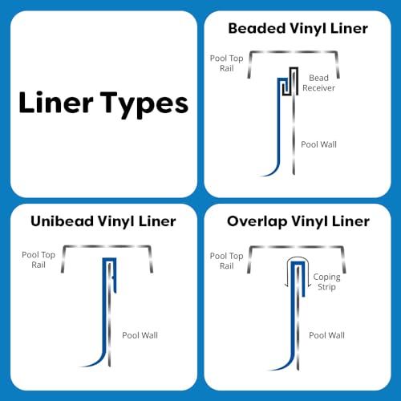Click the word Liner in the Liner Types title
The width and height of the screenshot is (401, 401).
(x=56, y=102)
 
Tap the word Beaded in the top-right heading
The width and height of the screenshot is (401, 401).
(x=257, y=28)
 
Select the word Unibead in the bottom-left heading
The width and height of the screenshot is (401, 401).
(x=62, y=221)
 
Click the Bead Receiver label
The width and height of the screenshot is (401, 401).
(x=318, y=83)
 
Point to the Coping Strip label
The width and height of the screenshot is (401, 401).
(x=326, y=282)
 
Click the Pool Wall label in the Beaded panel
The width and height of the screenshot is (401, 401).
(x=318, y=144)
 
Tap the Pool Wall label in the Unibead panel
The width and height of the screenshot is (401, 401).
(x=140, y=335)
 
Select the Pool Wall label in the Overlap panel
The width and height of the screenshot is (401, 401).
(x=326, y=335)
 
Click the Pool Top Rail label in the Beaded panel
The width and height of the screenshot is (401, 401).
(x=227, y=63)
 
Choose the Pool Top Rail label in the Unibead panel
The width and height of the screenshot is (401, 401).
(x=38, y=260)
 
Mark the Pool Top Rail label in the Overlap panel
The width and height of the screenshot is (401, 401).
(x=227, y=261)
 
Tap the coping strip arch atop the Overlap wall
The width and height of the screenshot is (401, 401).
(x=298, y=258)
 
